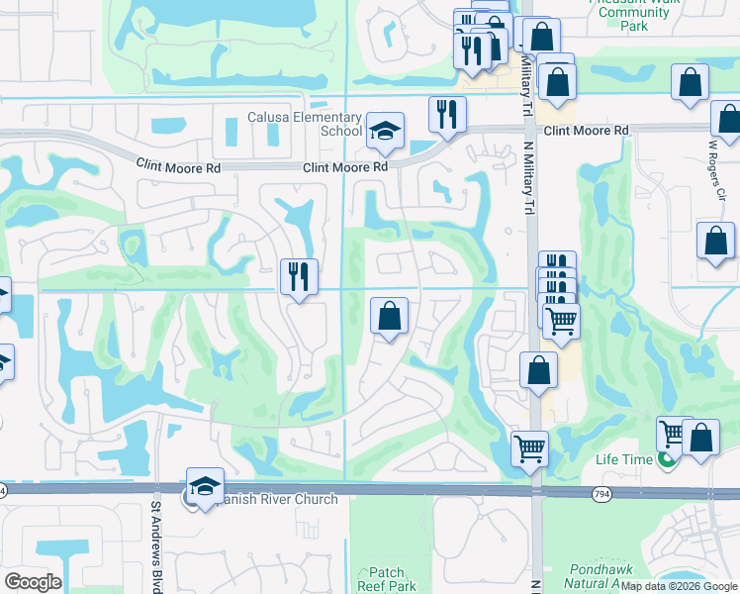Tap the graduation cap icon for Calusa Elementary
[x=385, y=131]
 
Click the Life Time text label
[x=623, y=459]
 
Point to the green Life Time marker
[x=668, y=460]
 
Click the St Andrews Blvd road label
[x=155, y=544]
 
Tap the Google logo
[x=33, y=581]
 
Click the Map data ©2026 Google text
[x=680, y=586]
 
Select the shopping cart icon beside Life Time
[x=672, y=432]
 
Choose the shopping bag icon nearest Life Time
[x=700, y=437]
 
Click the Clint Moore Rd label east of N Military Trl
[x=586, y=131]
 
